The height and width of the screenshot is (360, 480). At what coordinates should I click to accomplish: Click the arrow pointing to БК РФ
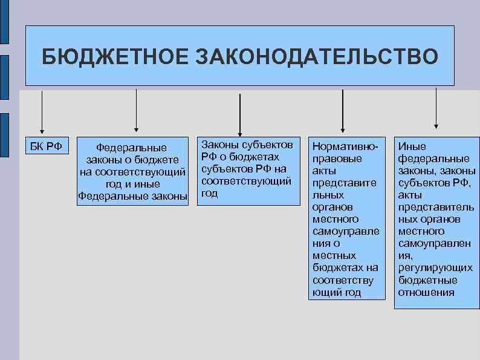[42, 112]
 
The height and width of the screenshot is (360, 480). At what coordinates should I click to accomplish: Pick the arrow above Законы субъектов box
[240, 115]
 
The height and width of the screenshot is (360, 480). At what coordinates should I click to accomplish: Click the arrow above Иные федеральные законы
[435, 109]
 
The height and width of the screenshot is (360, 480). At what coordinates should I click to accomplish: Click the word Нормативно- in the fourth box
[345, 147]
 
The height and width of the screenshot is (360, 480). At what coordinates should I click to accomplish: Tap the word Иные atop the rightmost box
[412, 146]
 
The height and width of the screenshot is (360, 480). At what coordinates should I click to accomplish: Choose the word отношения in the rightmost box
[426, 292]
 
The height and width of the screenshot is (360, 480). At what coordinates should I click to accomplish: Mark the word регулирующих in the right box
[435, 268]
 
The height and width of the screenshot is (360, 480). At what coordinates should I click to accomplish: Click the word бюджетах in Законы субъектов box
[258, 157]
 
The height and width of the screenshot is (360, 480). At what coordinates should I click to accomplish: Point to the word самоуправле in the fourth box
[346, 231]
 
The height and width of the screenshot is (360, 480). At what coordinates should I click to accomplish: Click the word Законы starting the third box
[219, 145]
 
